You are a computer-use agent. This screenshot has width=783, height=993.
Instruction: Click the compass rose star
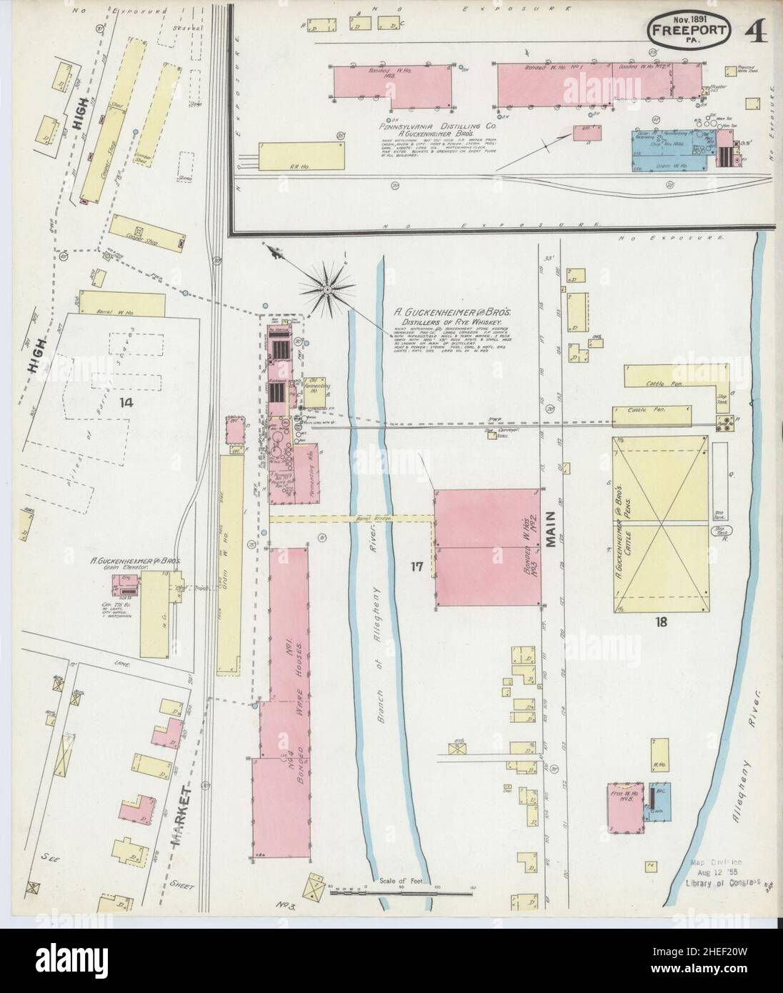[x=326, y=289]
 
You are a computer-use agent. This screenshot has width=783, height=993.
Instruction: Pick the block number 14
[x=126, y=402]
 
